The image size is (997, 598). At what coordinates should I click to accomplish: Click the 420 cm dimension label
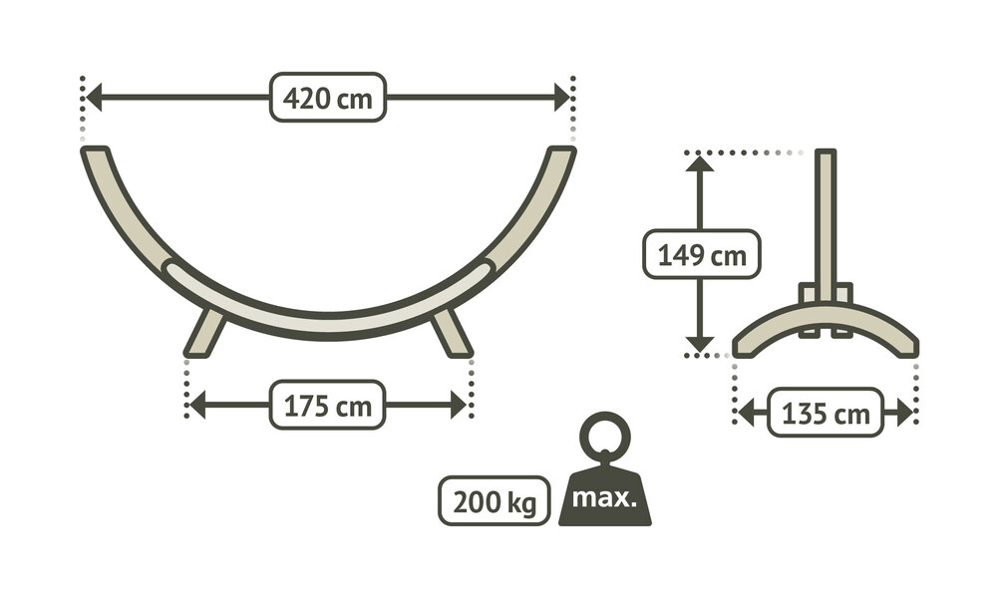pyautogui.click(x=327, y=98)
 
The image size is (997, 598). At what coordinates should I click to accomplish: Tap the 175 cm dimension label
pyautogui.click(x=327, y=406)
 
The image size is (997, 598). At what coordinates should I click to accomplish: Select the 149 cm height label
pyautogui.click(x=701, y=255)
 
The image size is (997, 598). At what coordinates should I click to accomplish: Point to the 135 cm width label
pyautogui.click(x=826, y=413)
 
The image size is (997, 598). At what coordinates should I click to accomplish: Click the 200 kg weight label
pyautogui.click(x=495, y=500)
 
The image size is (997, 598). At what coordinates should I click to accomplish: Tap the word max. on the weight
pyautogui.click(x=604, y=497)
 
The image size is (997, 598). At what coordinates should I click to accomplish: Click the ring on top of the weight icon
pyautogui.click(x=605, y=436)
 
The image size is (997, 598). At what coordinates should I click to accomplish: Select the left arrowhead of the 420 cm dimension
pyautogui.click(x=94, y=98)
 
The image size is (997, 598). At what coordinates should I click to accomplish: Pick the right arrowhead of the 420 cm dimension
pyautogui.click(x=562, y=98)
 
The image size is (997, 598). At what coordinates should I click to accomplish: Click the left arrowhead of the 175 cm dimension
pyautogui.click(x=197, y=406)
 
